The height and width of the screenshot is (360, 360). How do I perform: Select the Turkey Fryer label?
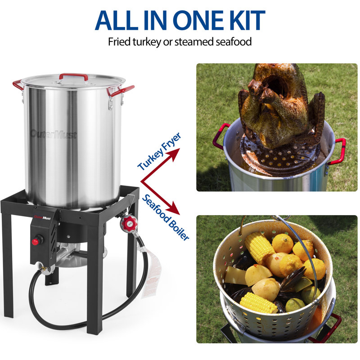point(159,152)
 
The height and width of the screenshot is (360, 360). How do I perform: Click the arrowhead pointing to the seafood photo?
point(175,209)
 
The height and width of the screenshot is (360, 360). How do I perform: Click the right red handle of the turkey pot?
point(338,151)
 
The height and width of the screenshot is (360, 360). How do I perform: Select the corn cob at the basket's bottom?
point(258,302)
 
